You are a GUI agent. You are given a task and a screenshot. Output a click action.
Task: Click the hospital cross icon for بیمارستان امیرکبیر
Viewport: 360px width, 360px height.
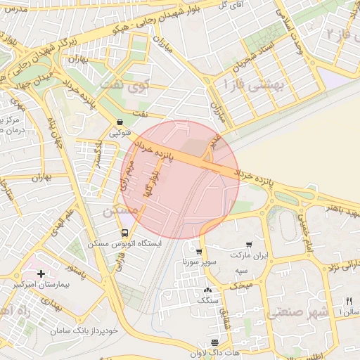click(x=41, y=273)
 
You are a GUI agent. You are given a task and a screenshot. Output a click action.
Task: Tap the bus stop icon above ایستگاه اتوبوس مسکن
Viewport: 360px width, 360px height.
click(x=124, y=233)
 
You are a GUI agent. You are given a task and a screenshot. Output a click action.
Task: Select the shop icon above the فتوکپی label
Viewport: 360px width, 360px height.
click(x=120, y=121)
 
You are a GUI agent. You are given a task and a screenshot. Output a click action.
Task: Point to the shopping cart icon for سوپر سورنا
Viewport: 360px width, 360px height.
click(x=199, y=251)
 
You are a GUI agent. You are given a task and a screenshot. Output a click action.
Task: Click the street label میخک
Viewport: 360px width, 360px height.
click(x=243, y=286)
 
